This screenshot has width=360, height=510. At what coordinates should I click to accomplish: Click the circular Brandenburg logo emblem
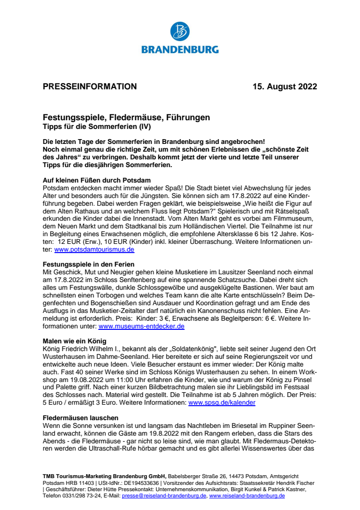tap(180, 31)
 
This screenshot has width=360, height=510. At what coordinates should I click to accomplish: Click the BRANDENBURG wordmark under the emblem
tap(180, 49)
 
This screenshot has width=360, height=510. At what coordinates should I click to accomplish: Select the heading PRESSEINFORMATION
tap(90, 87)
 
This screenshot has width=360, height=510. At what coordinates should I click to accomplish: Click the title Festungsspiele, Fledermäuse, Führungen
tap(126, 117)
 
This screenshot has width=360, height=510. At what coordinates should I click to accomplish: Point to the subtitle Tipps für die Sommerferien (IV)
tap(97, 127)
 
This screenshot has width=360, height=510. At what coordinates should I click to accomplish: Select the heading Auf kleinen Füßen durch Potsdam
tap(96, 181)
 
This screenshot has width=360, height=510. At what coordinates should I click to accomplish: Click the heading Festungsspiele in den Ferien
tap(88, 264)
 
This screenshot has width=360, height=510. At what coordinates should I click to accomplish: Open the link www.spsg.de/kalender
tap(222, 402)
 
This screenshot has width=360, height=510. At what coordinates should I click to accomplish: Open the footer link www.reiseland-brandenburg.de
tap(247, 496)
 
